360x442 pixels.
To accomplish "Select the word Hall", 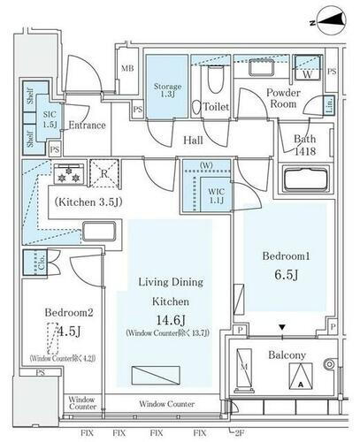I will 194,140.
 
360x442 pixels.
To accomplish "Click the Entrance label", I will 87,126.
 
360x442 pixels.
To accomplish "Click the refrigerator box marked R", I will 105,174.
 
